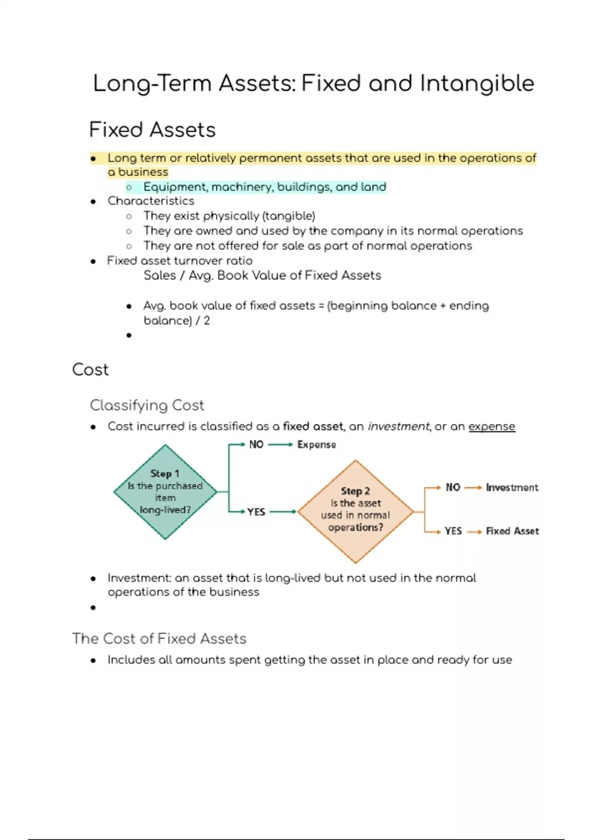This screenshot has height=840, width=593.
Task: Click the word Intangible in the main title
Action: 477,83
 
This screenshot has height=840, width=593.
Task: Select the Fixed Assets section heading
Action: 152,130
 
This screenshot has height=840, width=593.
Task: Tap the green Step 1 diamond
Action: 165,492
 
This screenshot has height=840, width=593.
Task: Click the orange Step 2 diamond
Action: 355,511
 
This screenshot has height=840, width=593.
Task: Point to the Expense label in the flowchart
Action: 316,445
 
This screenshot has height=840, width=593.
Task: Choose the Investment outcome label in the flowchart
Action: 512,488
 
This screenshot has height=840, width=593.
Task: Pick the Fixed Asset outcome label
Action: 512,531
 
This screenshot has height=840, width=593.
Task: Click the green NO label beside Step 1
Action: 256,445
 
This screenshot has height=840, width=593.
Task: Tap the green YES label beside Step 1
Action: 256,512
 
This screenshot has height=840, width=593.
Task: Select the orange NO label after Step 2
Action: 453,488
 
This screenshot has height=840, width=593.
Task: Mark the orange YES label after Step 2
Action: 453,531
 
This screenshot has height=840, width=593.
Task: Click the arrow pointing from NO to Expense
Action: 280,445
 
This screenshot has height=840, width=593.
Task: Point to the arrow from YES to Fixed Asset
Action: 474,532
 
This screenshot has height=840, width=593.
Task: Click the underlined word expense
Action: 492,426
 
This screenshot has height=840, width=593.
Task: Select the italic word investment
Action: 398,426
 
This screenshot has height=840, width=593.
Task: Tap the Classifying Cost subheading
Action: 147,405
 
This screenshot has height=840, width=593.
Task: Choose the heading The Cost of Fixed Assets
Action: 159,638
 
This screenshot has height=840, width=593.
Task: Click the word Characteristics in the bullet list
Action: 151,201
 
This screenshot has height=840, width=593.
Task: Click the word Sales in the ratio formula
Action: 160,275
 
